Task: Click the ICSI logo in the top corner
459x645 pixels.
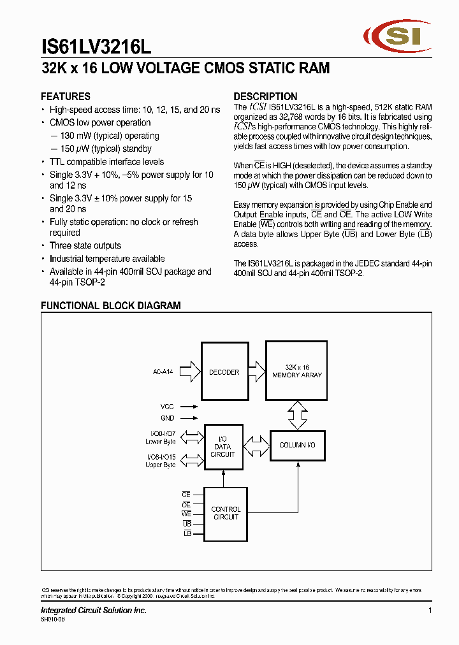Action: pos(392,38)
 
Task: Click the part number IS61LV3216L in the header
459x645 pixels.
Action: pos(96,47)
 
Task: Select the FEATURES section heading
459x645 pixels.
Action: pos(66,96)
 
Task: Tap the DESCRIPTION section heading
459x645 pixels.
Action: pos(265,96)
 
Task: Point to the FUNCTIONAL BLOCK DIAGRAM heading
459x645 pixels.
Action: pos(111,306)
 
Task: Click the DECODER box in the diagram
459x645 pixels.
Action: pos(224,372)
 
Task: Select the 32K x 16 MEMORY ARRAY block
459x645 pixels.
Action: pos(297,372)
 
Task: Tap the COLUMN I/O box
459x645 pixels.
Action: pos(297,445)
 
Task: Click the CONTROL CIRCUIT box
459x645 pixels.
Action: pos(226,513)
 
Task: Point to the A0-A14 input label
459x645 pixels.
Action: pos(163,372)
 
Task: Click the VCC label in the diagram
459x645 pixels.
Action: pos(167,406)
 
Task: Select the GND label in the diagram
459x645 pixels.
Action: pos(167,418)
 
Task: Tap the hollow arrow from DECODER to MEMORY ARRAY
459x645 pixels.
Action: pos(256,371)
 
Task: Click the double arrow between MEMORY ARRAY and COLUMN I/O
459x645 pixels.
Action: pos(297,414)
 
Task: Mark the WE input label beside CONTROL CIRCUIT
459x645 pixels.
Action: pos(186,513)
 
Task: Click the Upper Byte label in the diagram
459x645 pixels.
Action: pos(160,465)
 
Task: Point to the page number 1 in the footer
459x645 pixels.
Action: pos(430,611)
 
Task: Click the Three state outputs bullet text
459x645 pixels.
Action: pos(85,245)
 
